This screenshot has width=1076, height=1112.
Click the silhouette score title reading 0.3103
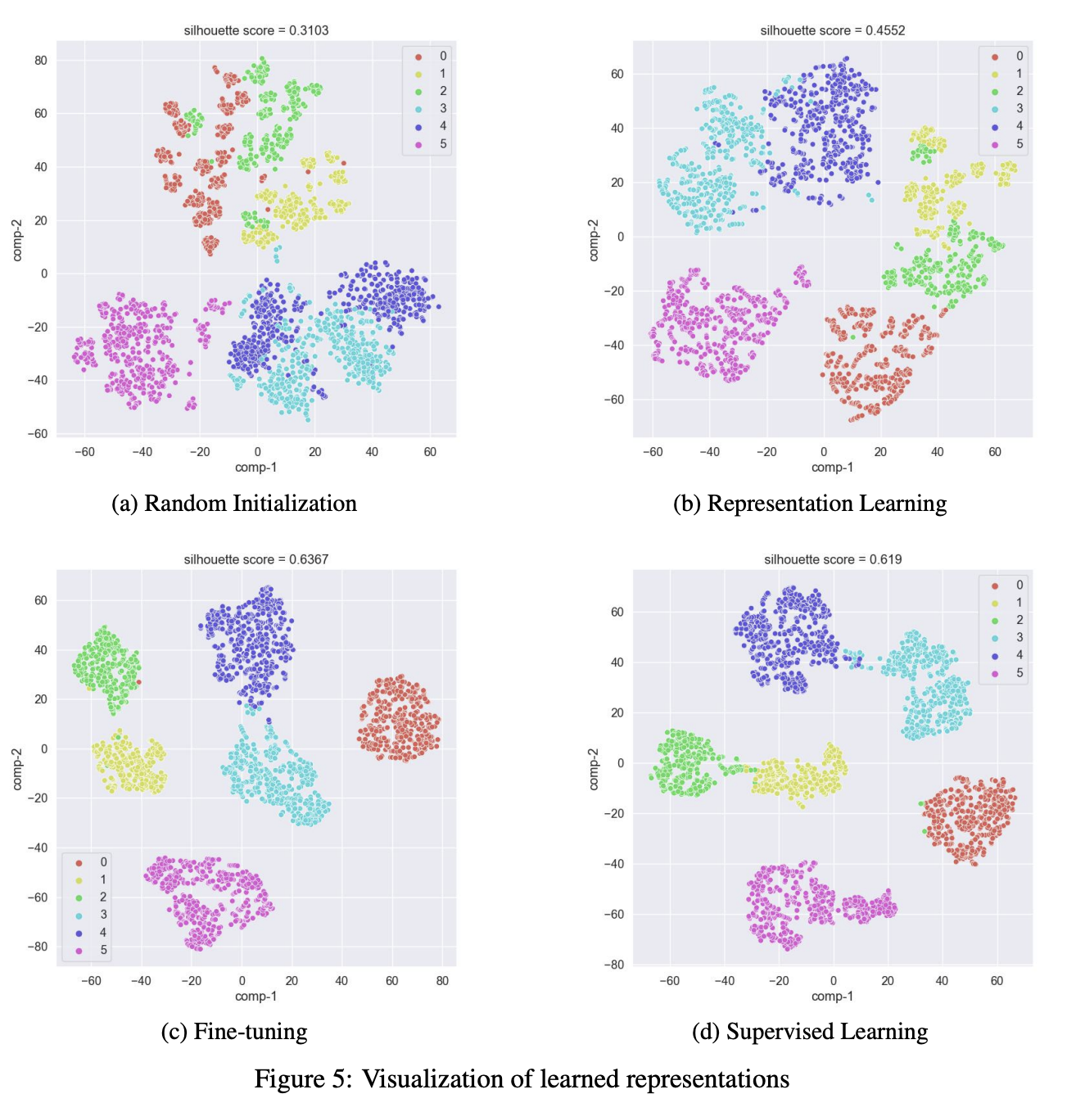(256, 30)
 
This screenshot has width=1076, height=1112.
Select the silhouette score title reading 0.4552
(833, 30)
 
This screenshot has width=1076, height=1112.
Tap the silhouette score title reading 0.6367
(256, 559)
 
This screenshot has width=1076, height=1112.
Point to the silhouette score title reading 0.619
(833, 559)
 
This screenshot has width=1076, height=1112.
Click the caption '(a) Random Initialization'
(234, 503)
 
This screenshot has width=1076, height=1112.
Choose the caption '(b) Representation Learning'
(810, 503)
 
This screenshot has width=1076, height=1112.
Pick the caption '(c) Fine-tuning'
(234, 1032)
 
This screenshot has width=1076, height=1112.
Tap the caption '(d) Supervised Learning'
(810, 1032)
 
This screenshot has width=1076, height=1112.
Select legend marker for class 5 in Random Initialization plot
(418, 144)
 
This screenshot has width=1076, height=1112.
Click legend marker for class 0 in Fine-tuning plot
(79, 862)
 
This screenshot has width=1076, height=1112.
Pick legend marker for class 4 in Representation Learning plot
(995, 126)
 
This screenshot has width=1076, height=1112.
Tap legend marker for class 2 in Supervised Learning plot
(995, 620)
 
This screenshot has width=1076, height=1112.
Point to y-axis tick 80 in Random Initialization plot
(41, 61)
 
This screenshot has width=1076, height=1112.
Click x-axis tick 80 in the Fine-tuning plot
(442, 980)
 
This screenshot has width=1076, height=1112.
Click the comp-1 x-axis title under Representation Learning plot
(832, 468)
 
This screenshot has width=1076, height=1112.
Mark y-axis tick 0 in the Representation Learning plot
(620, 237)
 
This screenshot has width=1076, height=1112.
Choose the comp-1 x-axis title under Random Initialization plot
(256, 468)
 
